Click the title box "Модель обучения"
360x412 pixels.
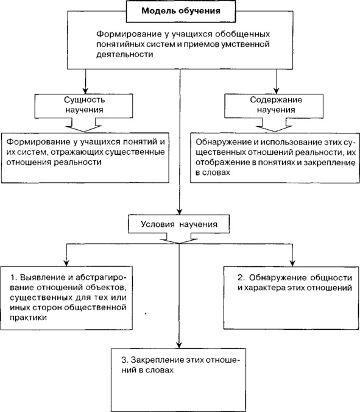pyautogui.click(x=181, y=12)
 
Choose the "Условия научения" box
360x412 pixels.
pyautogui.click(x=179, y=224)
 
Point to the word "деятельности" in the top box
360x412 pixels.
pyautogui.click(x=124, y=54)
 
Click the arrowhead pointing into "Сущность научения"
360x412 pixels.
pyautogui.click(x=85, y=90)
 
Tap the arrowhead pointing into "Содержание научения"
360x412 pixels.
pyautogui.click(x=276, y=90)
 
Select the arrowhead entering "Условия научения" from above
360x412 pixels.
pyautogui.click(x=179, y=211)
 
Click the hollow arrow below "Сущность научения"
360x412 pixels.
pyautogui.click(x=84, y=126)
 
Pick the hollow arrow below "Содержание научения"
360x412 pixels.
pyautogui.click(x=274, y=126)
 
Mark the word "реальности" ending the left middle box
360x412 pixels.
pyautogui.click(x=78, y=162)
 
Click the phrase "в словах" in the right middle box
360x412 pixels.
pyautogui.click(x=213, y=172)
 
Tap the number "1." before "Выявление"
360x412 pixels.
pyautogui.click(x=13, y=277)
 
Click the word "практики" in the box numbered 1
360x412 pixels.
pyautogui.click(x=29, y=318)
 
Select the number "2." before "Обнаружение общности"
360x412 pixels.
pyautogui.click(x=241, y=277)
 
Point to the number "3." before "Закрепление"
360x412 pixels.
pyautogui.click(x=125, y=360)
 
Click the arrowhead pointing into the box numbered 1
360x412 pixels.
pyautogui.click(x=66, y=263)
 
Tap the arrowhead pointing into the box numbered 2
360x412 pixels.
pyautogui.click(x=292, y=263)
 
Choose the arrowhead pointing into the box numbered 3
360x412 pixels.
pyautogui.click(x=179, y=345)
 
